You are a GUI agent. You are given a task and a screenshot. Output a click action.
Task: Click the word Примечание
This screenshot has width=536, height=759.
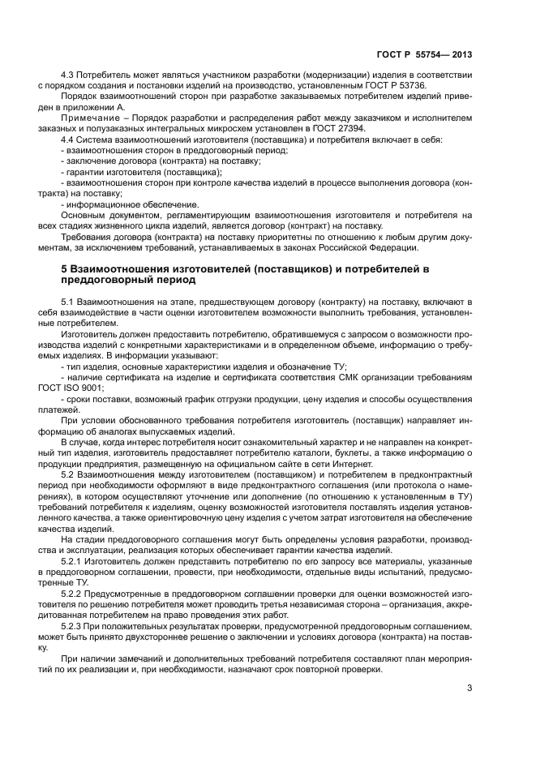tap(85, 118)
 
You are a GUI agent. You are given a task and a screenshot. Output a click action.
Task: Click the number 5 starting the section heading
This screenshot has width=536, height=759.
tap(65, 268)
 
